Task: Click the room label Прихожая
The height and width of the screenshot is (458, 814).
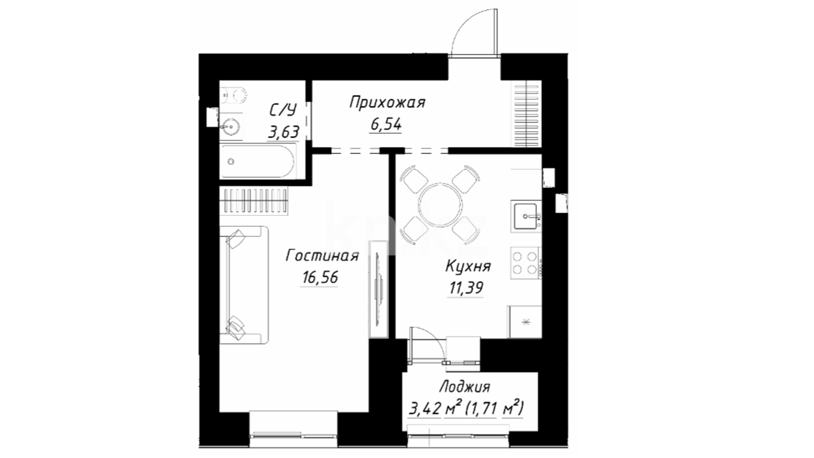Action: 387,103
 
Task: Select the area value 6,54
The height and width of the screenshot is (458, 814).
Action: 386,125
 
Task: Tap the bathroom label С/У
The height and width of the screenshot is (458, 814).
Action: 283,110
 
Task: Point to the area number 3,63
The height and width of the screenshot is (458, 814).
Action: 283,132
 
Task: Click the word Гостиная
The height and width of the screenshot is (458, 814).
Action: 322,256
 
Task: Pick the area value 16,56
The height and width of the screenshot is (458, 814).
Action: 320,277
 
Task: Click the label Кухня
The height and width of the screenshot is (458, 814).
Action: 468,266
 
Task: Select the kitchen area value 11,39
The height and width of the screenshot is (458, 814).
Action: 466,288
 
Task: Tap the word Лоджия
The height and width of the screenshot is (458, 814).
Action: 465,387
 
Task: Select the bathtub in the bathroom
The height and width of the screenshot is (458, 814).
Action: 257,161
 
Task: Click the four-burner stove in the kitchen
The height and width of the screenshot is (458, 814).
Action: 525,263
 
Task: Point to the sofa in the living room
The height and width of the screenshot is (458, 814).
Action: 244,285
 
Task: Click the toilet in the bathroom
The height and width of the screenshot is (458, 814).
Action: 234,95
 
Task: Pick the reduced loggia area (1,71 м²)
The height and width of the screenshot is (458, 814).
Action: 494,409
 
